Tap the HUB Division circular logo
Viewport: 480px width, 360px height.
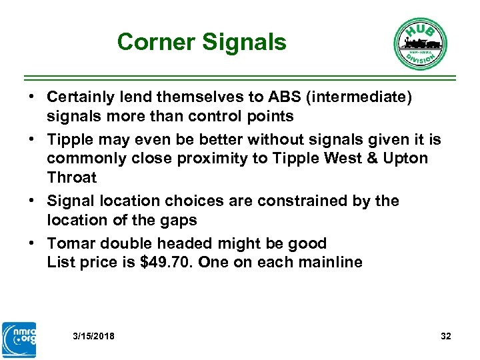[419, 43]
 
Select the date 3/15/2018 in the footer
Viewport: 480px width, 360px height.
[93, 336]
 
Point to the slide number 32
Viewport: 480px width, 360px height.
[446, 336]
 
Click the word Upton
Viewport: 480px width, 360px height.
[405, 159]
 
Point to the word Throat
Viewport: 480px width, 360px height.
[71, 178]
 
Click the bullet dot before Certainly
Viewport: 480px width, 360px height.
[32, 97]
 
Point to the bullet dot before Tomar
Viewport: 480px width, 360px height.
[32, 243]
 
